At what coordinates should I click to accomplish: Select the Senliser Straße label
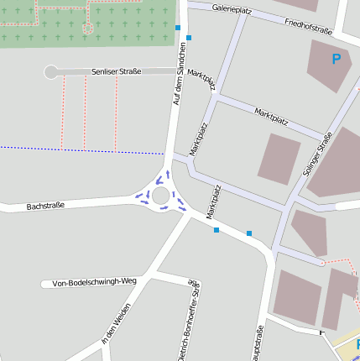point(114,72)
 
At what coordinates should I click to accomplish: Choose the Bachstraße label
point(45,206)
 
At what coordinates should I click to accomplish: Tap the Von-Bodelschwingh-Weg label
point(93,282)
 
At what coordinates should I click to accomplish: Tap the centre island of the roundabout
point(161,195)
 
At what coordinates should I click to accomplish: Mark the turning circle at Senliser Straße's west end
point(51,72)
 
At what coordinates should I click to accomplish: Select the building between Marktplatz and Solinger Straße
point(278,158)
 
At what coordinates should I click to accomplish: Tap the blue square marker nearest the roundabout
point(217,230)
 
